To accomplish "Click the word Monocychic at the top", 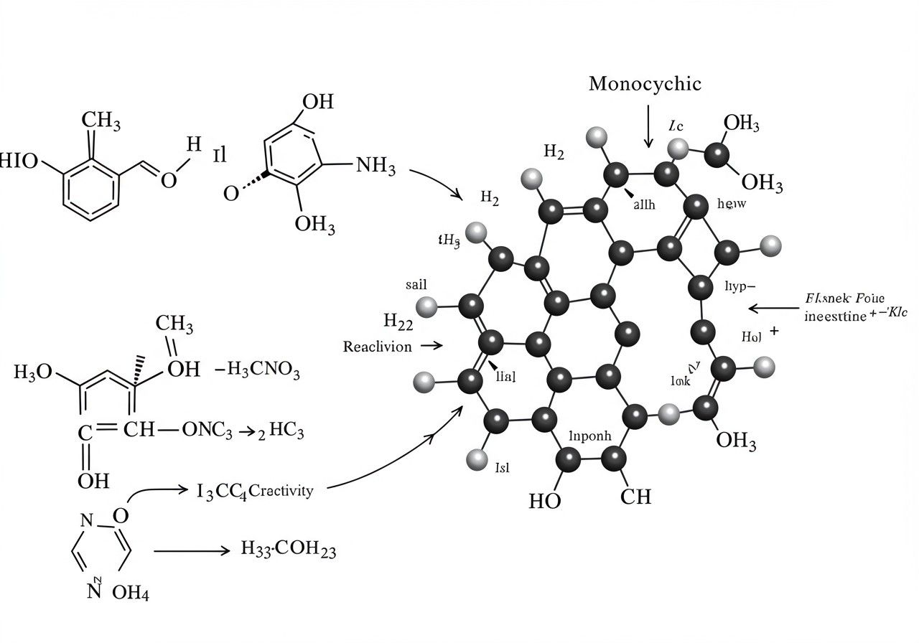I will (645, 84).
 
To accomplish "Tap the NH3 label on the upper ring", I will (375, 167).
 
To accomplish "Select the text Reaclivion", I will (378, 347).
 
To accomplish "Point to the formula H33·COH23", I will (288, 550).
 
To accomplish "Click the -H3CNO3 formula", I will (258, 371).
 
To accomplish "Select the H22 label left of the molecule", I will (398, 322).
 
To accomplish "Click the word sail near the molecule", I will (416, 285).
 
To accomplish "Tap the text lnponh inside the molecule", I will (589, 435).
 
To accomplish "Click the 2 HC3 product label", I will (279, 432).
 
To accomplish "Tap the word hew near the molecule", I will (732, 204).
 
